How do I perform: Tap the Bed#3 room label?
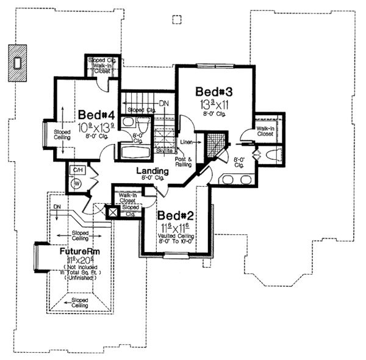pos(214,91)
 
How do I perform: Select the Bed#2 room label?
pos(176,216)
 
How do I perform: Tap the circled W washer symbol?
pos(77,182)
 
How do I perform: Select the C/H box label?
pos(77,169)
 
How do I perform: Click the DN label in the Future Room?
pos(56,207)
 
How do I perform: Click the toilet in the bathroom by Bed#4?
pos(127,122)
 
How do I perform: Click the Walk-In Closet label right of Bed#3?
pos(265,131)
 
